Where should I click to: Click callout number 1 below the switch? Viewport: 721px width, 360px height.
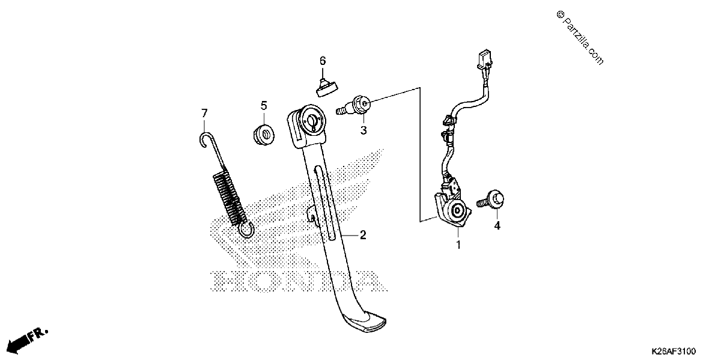pyautogui.click(x=458, y=245)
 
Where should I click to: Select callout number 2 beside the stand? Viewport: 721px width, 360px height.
pyautogui.click(x=363, y=235)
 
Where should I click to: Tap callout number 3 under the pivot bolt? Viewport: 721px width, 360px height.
pyautogui.click(x=364, y=130)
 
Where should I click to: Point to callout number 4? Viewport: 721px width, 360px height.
pyautogui.click(x=497, y=226)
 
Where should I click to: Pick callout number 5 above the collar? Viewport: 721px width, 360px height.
pyautogui.click(x=264, y=105)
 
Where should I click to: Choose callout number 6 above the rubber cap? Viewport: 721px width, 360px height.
pyautogui.click(x=323, y=61)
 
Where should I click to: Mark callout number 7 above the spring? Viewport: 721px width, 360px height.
pyautogui.click(x=204, y=113)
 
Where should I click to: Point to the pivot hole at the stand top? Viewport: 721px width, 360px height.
pyautogui.click(x=312, y=120)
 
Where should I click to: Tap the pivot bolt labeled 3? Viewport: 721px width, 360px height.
pyautogui.click(x=353, y=105)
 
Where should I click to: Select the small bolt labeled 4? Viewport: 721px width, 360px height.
pyautogui.click(x=490, y=200)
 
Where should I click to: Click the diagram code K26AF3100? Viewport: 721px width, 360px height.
pyautogui.click(x=674, y=351)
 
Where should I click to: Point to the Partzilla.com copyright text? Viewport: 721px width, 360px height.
pyautogui.click(x=580, y=38)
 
